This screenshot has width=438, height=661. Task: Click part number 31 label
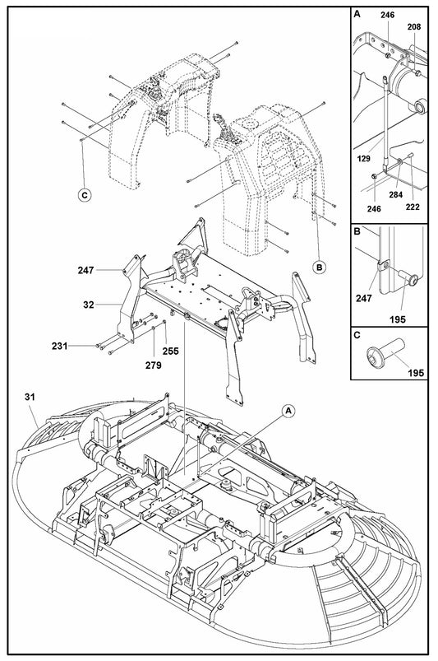(30, 398)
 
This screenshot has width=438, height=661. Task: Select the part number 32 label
(88, 304)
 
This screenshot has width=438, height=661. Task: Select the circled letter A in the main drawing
(288, 409)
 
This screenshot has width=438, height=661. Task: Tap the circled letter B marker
(319, 266)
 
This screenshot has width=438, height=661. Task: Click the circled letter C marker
(83, 195)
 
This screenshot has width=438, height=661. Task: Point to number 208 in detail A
(414, 26)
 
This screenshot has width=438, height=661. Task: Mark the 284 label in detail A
(395, 195)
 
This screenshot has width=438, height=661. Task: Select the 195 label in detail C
(416, 372)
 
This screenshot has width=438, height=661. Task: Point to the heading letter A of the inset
(357, 14)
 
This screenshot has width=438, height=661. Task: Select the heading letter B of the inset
(357, 232)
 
